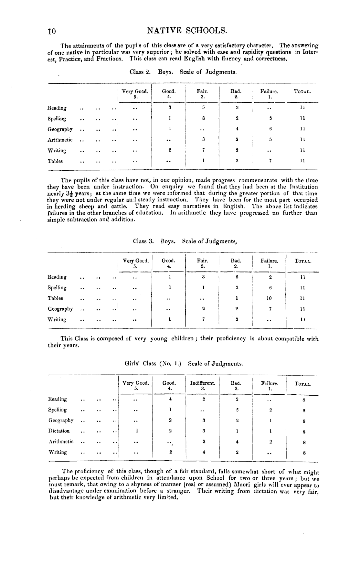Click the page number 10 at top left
click(52, 31)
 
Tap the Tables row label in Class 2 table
click(55, 161)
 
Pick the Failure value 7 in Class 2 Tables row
click(270, 161)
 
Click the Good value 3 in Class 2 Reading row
click(169, 108)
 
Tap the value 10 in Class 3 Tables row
click(270, 298)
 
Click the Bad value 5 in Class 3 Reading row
click(237, 277)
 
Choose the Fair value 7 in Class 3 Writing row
click(203, 319)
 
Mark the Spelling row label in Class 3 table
click(57, 288)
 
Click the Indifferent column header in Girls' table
click(202, 383)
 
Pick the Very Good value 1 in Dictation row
click(137, 431)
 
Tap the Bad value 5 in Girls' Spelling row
click(237, 410)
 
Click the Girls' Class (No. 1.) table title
click(184, 363)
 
